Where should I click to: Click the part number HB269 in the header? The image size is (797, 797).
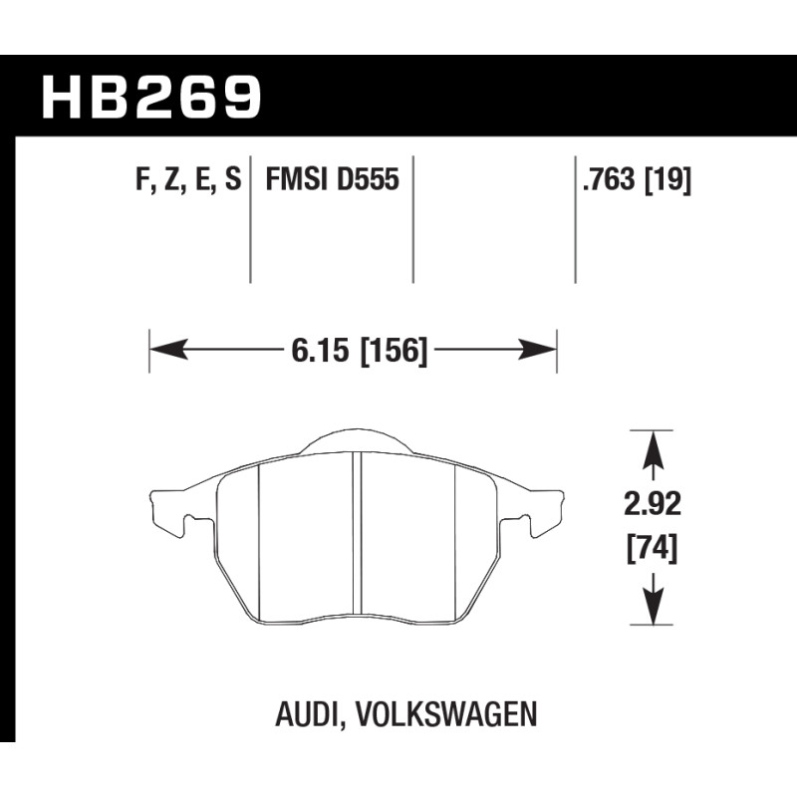(151, 98)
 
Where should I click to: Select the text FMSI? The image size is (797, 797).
(296, 179)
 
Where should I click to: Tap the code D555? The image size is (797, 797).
(368, 179)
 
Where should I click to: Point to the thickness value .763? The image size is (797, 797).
(609, 179)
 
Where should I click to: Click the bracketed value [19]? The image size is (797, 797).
(667, 180)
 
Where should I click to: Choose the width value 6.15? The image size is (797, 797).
(321, 351)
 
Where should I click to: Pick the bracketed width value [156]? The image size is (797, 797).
(394, 352)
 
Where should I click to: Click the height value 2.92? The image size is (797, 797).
(653, 505)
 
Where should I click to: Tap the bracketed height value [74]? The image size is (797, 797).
(653, 550)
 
